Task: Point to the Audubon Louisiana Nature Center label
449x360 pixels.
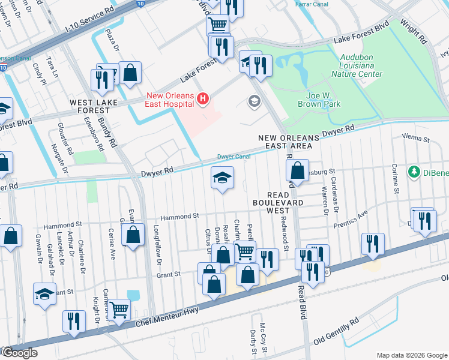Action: tap(357, 69)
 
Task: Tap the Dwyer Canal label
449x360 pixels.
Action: tap(234, 157)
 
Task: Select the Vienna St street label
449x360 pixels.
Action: tap(418, 139)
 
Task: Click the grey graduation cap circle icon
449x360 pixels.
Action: tap(254, 101)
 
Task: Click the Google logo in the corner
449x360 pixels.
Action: tap(19, 353)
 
